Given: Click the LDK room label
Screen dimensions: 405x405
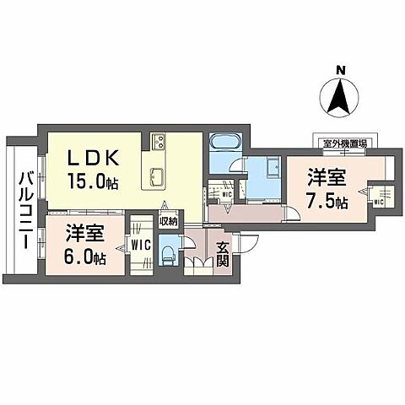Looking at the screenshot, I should point(94,159).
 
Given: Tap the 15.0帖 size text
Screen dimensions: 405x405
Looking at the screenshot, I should point(94,180).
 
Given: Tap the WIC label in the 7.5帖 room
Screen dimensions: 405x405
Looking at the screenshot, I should point(378,202).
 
